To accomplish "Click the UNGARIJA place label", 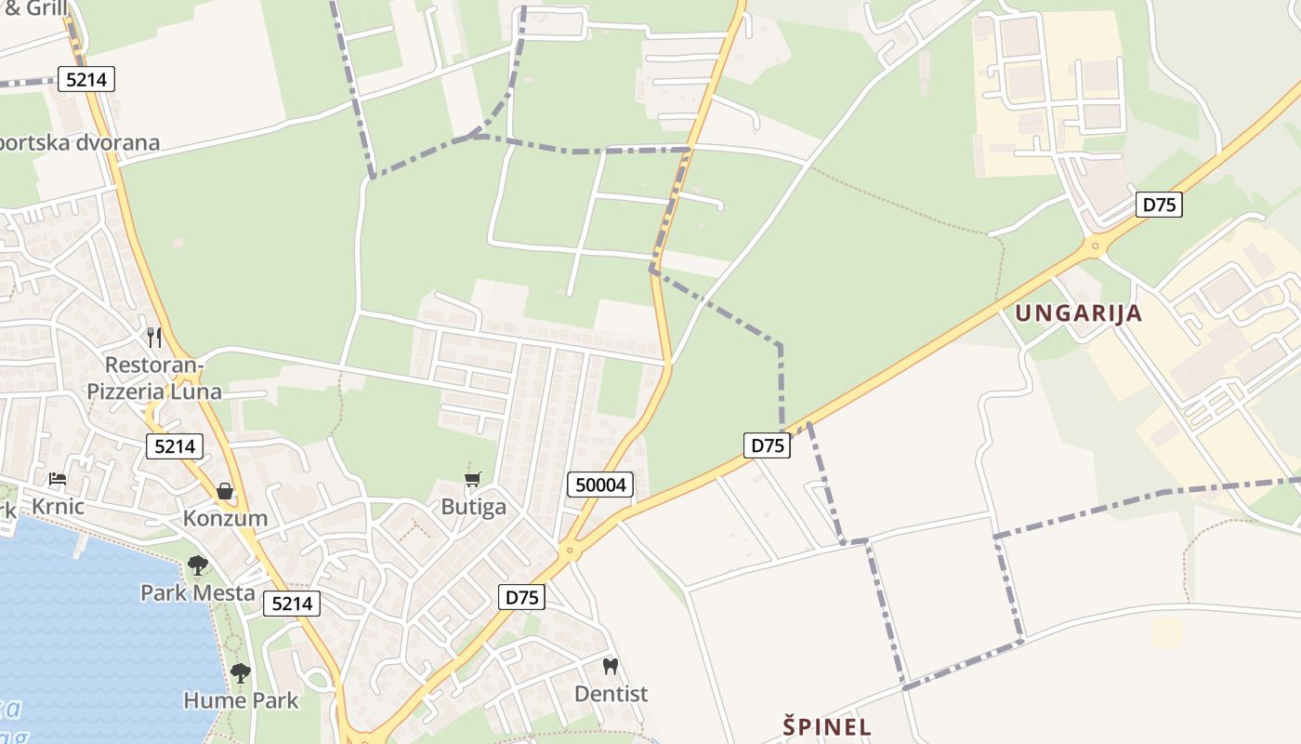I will [1078, 313].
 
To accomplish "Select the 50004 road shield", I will [600, 485].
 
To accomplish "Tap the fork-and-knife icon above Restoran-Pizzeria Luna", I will [154, 337].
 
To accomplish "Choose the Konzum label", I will [225, 518].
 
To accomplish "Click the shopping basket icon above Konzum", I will [225, 491].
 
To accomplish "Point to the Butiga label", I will [474, 507].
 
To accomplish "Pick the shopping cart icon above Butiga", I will [473, 480].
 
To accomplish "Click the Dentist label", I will [611, 694].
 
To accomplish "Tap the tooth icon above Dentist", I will [611, 666].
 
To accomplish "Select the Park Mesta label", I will [198, 592].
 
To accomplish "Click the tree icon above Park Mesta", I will [198, 565].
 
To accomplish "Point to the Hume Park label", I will [241, 700].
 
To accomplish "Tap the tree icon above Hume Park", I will [241, 672].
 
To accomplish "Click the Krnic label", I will [58, 507].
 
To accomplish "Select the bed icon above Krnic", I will [58, 479].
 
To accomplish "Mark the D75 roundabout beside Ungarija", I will [1097, 247].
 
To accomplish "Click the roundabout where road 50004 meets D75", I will [570, 551].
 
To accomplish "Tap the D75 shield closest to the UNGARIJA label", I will [1159, 205].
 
